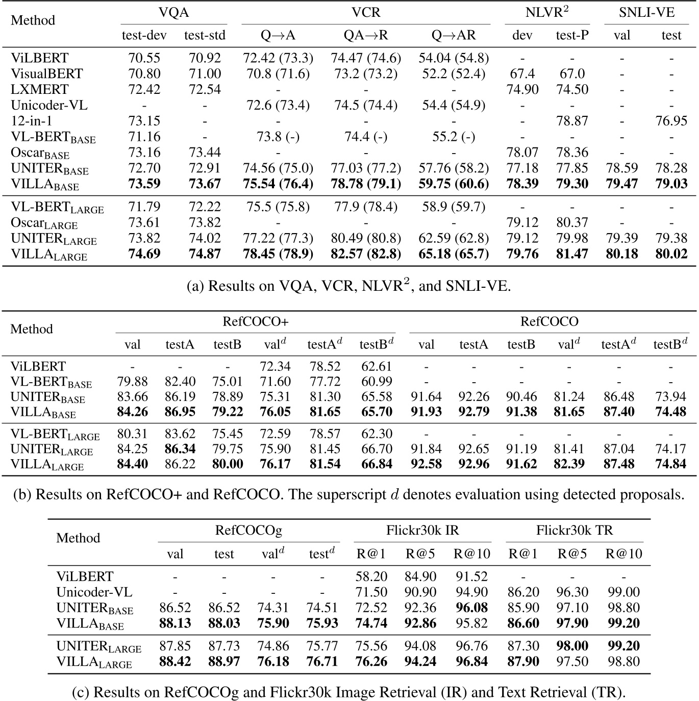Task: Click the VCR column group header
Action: point(365,13)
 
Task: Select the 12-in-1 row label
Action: point(32,121)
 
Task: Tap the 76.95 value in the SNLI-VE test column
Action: point(671,121)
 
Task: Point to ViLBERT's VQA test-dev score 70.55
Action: point(144,58)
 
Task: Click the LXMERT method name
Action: point(39,89)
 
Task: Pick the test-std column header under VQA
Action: point(205,35)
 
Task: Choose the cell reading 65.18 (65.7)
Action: point(453,254)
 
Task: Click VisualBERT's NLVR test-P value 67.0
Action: point(572,74)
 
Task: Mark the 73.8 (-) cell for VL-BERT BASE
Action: point(278,137)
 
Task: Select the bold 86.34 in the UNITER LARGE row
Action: point(180,449)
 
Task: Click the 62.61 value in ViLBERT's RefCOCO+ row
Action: point(376,366)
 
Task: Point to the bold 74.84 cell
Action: point(670,464)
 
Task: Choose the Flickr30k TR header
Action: point(574,531)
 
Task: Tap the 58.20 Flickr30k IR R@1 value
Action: point(371,577)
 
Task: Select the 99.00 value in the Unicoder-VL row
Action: point(623,592)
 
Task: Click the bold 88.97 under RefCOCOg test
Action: point(224,662)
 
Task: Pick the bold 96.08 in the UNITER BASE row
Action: point(470,608)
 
